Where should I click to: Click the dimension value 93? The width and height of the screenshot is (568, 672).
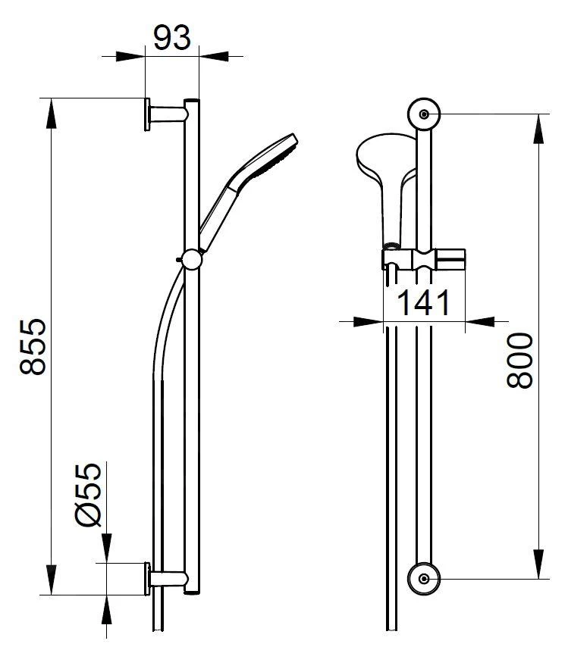coord(171,38)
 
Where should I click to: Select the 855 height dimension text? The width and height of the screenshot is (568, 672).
coord(33,347)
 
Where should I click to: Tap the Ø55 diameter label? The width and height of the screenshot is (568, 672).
coord(89,494)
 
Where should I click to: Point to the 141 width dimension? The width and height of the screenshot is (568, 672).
coord(423,302)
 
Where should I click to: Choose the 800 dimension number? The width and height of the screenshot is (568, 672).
coord(519,361)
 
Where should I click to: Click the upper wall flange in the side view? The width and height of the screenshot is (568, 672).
coord(147,114)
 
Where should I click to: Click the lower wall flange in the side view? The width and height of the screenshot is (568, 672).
coord(147,579)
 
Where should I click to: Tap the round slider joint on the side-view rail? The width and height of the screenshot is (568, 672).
coord(192,260)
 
